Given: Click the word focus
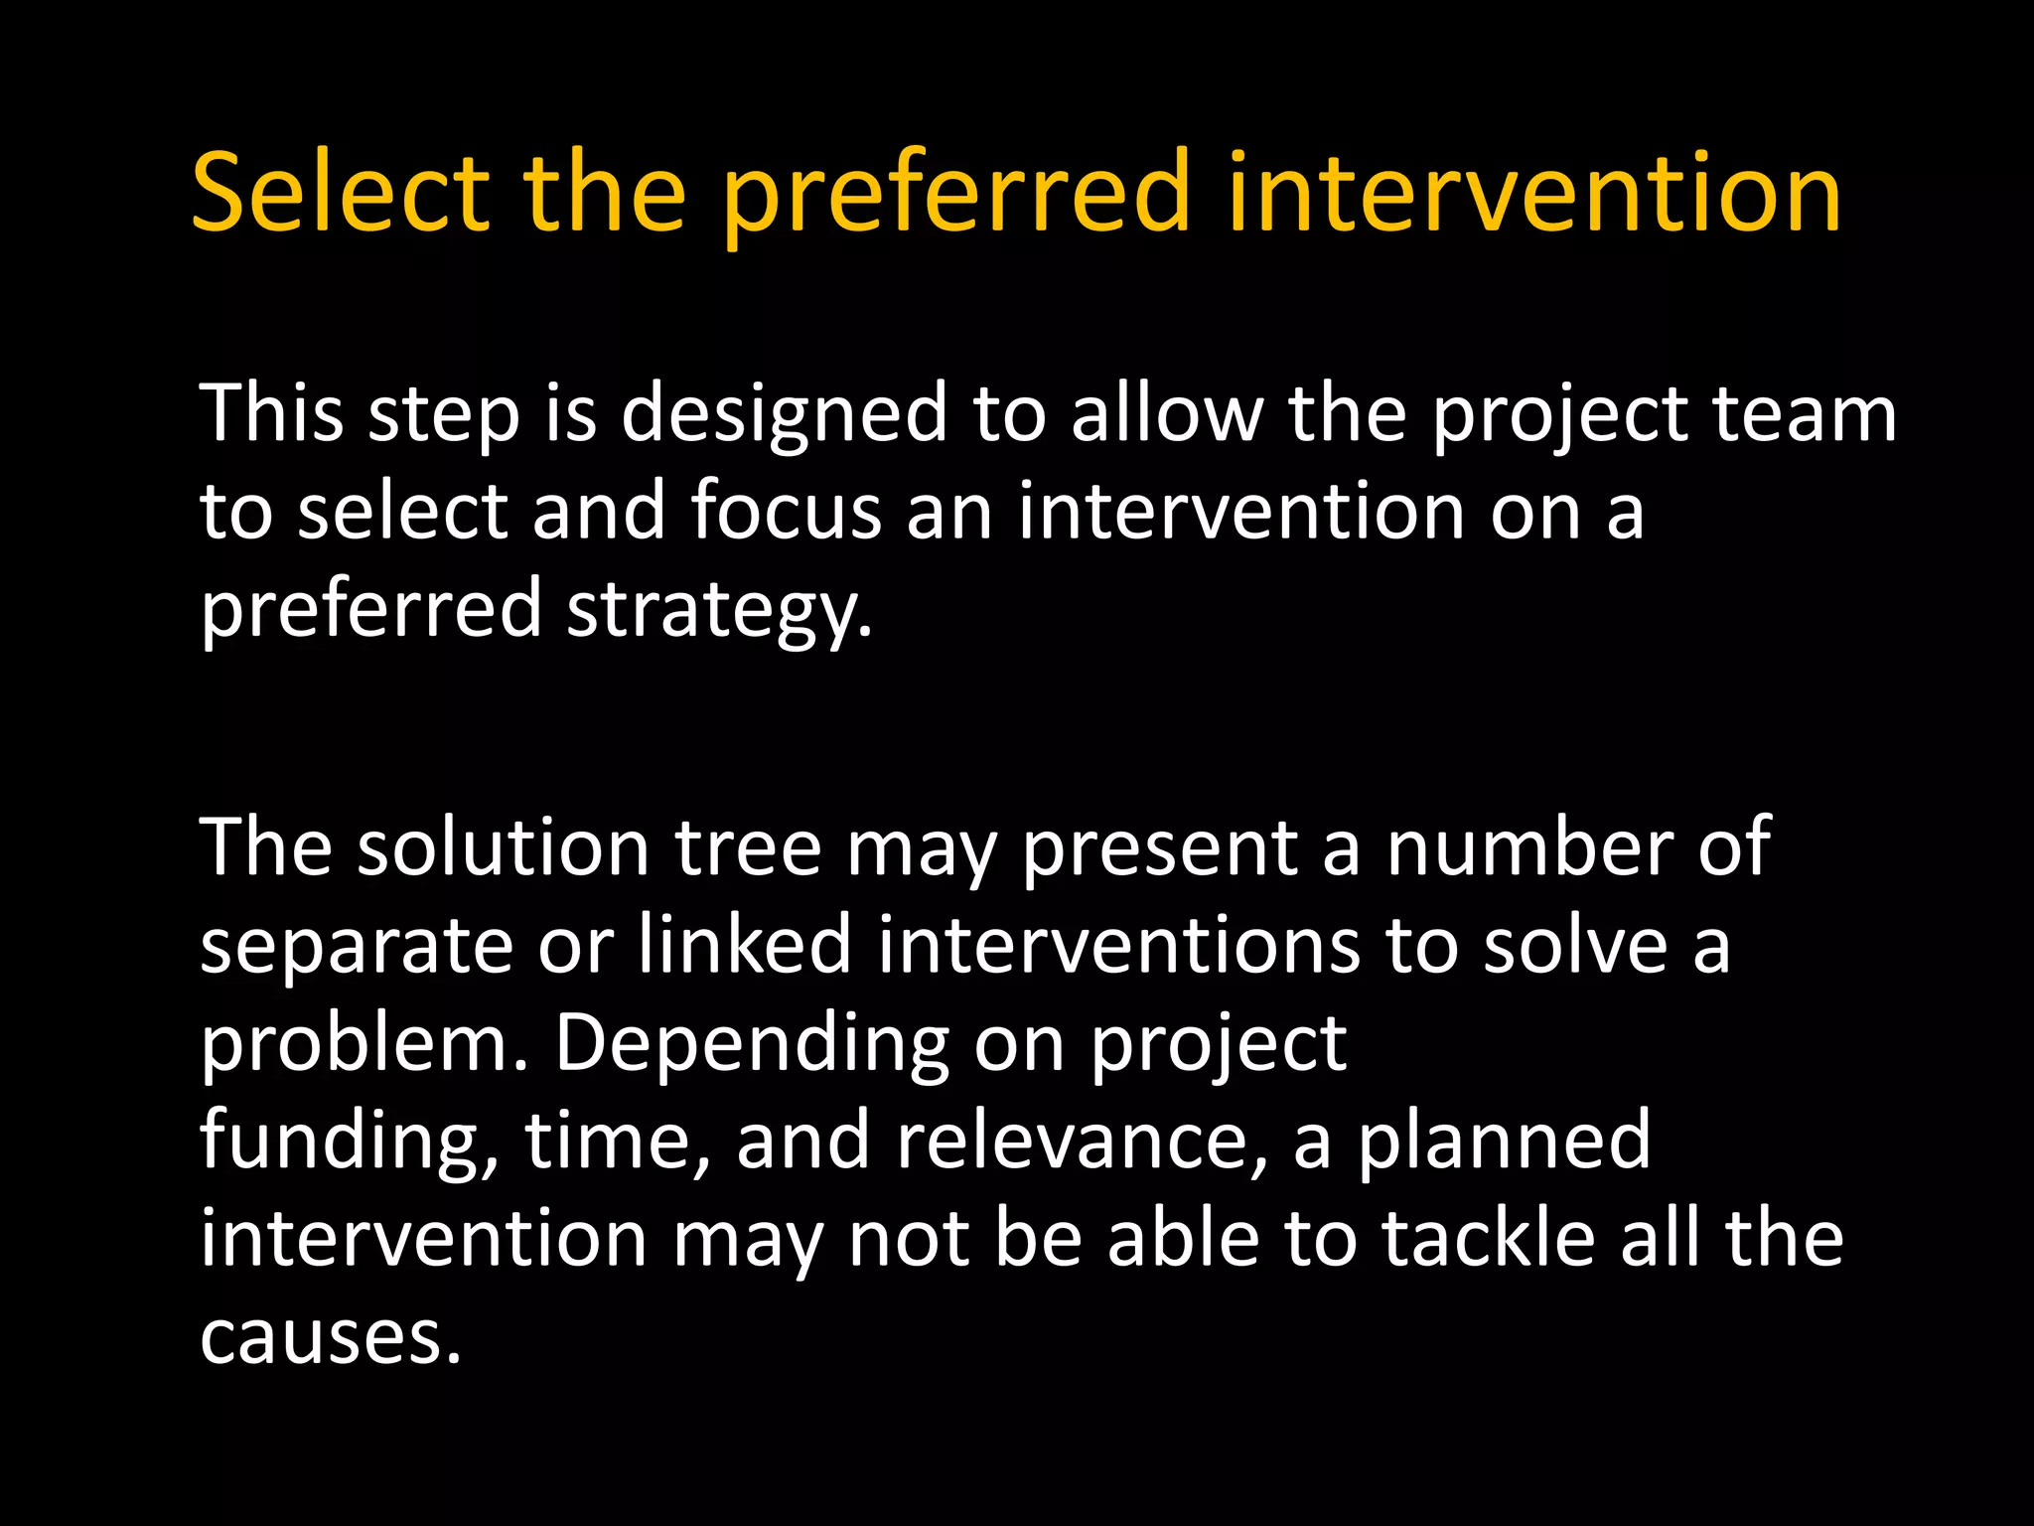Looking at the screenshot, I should (x=786, y=511).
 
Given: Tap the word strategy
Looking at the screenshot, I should (x=719, y=608).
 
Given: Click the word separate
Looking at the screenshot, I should (x=357, y=945).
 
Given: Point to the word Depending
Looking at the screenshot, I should (x=751, y=1042).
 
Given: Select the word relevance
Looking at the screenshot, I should (x=1082, y=1141).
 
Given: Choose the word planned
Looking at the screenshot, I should (x=1504, y=1141).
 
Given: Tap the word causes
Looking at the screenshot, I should (x=331, y=1336).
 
